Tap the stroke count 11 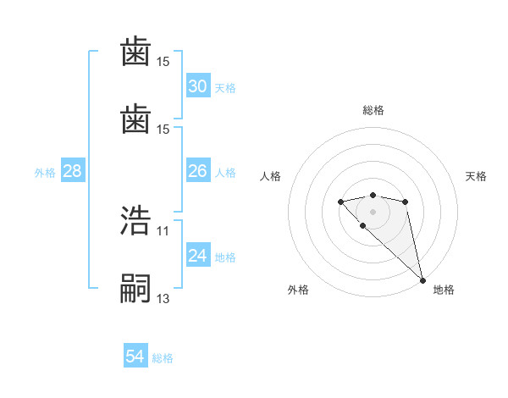click(163, 230)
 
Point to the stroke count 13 click(163, 298)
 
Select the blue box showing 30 click(197, 86)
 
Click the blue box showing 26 click(197, 171)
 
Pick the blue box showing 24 click(197, 256)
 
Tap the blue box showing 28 click(73, 171)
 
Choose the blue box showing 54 click(135, 357)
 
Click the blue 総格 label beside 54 click(163, 358)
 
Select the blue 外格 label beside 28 click(45, 173)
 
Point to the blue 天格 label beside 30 click(225, 88)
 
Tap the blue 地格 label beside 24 click(225, 257)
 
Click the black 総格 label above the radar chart click(373, 110)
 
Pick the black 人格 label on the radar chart click(271, 176)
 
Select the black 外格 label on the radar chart click(297, 290)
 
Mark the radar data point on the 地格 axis click(422, 279)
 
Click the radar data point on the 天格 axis click(406, 202)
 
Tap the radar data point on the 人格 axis click(340, 202)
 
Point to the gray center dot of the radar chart click(373, 211)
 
